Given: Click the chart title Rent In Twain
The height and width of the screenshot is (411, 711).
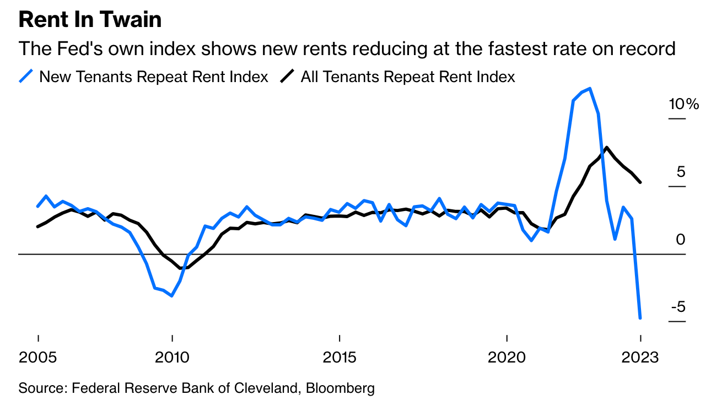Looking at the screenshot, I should point(90,20).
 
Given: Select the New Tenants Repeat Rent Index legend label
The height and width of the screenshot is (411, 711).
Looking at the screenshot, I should point(154,77).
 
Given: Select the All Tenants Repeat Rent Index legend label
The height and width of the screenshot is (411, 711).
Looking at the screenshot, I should point(408,77).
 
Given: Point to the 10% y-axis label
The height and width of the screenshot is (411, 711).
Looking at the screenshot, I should point(683,104).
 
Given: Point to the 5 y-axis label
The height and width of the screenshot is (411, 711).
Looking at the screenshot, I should point(681,172).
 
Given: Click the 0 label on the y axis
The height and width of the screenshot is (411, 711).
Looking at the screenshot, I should point(681,240).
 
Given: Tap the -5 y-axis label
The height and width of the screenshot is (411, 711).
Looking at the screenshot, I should point(678,307).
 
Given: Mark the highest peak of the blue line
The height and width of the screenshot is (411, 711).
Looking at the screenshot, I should point(590,88).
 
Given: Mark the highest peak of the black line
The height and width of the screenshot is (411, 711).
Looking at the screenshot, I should point(607,147).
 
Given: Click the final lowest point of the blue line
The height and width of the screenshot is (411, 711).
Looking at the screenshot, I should point(640,318).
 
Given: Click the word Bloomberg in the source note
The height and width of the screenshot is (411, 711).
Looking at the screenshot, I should point(340,388).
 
